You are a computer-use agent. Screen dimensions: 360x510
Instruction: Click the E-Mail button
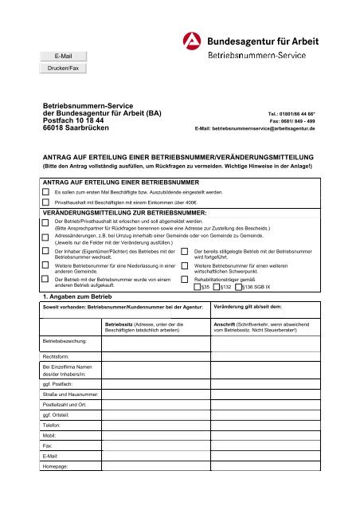63,56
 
